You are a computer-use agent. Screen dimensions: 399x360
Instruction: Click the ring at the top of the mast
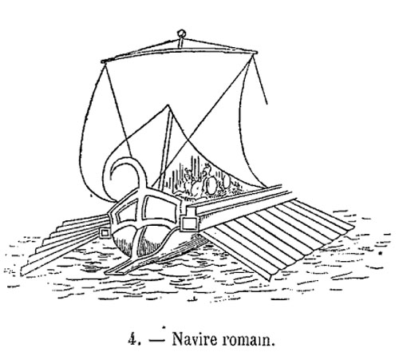tap(181, 34)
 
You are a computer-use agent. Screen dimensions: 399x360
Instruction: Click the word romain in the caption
tap(247, 340)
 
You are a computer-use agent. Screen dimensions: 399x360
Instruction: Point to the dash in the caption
tap(157, 341)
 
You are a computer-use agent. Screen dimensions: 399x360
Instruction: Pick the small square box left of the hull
tap(105, 233)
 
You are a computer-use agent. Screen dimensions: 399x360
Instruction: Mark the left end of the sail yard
tap(102, 61)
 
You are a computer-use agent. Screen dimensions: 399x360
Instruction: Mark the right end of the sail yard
tap(255, 53)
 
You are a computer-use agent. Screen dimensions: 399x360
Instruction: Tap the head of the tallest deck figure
tap(207, 168)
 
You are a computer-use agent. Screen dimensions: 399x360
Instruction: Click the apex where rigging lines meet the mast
tap(168, 105)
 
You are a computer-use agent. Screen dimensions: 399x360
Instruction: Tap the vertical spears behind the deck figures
tap(184, 173)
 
